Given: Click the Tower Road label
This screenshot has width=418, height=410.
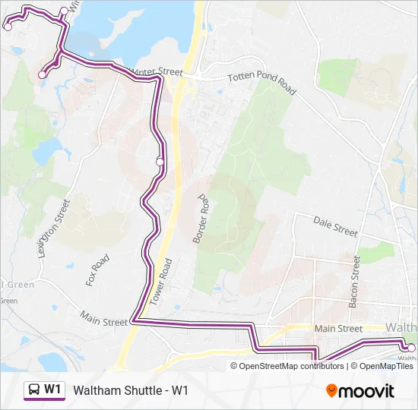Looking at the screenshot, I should coord(161,281).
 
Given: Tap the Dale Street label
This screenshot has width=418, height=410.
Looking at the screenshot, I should coord(335,225).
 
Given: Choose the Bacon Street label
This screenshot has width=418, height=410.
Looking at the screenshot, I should coord(354,281).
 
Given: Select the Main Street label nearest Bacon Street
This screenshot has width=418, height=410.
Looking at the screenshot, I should coord(338,329).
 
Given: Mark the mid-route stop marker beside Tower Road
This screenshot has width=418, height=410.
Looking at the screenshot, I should coord(160,161).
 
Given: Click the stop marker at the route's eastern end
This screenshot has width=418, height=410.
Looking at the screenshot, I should coord(411,347).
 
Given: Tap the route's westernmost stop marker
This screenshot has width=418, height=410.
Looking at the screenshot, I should coord(8,27).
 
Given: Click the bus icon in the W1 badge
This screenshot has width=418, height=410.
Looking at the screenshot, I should coord(34,390).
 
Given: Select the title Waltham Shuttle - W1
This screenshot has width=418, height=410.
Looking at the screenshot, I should coord(130,391).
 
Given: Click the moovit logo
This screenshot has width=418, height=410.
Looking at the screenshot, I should coord(360,391).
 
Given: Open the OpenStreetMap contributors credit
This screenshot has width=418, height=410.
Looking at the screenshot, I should coord(293,366).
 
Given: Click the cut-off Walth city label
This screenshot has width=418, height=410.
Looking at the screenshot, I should coord(402,327).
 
